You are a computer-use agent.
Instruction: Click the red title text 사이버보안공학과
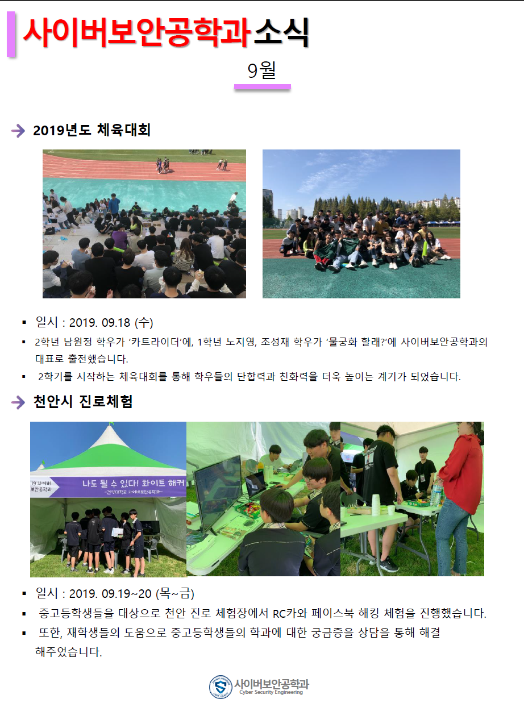(x=136, y=32)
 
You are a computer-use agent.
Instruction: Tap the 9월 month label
(x=261, y=70)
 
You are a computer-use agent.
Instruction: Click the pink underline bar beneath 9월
(x=263, y=87)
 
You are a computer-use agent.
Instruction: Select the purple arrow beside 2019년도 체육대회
(x=18, y=131)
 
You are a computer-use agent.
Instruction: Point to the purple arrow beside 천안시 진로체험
(x=18, y=402)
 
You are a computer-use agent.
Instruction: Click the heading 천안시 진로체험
(x=83, y=401)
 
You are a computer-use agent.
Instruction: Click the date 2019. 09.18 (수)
(x=111, y=322)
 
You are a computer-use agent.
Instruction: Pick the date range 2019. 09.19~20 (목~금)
(x=132, y=593)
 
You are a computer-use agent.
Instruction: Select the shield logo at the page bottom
(x=221, y=687)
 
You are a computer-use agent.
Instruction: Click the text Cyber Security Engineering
(x=271, y=692)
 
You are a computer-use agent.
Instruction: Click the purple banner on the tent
(x=108, y=487)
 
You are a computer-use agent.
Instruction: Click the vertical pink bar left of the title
(x=11, y=34)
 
